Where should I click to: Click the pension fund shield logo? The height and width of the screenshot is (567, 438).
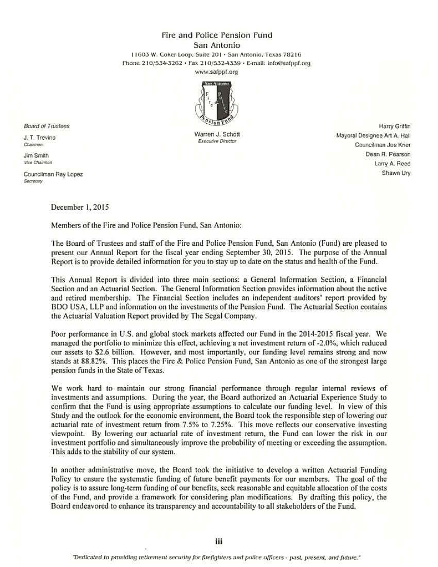coord(217,103)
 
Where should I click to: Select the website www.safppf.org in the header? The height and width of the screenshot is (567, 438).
coord(217,72)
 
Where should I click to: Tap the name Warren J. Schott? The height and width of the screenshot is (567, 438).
coord(217,135)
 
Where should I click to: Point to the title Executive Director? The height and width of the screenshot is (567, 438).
coord(217,141)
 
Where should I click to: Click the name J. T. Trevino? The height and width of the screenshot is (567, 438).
coord(39,137)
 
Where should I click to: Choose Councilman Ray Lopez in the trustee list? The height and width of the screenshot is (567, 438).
coord(53,175)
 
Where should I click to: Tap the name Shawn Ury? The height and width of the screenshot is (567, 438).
coord(397,173)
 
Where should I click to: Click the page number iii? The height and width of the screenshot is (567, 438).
coord(218,541)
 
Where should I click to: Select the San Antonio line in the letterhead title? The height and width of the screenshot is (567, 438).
coord(217,44)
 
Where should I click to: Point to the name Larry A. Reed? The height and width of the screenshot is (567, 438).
coord(394,164)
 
